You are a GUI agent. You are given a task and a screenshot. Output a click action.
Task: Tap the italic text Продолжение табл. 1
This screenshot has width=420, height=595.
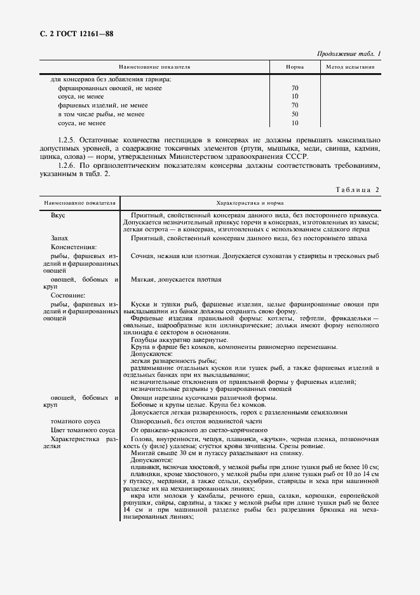[x=348, y=54]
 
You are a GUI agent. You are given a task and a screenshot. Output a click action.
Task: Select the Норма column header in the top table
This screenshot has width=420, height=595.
[x=294, y=67]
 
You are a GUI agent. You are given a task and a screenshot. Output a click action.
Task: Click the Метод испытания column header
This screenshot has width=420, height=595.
[x=349, y=67]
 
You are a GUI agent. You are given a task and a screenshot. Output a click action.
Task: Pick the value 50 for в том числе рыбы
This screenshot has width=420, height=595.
[x=295, y=114]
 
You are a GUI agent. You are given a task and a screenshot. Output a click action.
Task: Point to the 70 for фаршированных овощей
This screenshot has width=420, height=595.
[x=295, y=88]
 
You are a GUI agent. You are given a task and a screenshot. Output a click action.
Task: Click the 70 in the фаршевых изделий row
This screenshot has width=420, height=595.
[x=295, y=105]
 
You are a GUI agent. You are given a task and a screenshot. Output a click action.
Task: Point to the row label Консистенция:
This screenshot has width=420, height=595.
[x=73, y=246]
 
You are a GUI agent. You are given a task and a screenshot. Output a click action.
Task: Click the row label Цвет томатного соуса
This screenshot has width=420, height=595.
[x=83, y=430]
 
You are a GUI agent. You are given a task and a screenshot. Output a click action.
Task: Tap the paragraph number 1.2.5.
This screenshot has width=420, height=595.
[x=70, y=138]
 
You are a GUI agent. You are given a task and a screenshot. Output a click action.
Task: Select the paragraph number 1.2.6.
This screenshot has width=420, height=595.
[x=70, y=165]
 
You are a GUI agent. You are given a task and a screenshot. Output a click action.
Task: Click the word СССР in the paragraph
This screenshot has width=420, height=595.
[x=296, y=156]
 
